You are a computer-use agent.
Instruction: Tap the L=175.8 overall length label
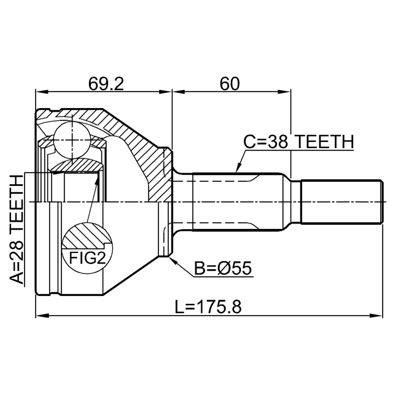[x=208, y=307]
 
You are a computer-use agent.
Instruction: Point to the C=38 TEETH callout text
[x=298, y=142]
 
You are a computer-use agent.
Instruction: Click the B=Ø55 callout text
[x=223, y=269]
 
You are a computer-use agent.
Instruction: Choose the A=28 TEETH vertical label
[x=17, y=230]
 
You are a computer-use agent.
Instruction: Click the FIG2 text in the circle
[x=87, y=258]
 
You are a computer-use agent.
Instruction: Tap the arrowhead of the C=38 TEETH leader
[x=239, y=168]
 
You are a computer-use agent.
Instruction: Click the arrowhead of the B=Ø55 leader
[x=173, y=260]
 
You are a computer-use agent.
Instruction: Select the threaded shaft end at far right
[x=342, y=201]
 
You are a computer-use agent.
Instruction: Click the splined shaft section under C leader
[x=238, y=201]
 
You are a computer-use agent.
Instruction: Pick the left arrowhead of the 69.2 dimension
[x=42, y=92]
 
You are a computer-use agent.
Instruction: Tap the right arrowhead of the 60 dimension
[x=285, y=92]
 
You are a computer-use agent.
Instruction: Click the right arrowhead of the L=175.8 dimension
[x=376, y=315]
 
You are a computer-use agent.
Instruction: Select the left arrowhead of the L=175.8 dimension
[x=42, y=315]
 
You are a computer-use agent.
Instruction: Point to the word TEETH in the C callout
[x=324, y=142]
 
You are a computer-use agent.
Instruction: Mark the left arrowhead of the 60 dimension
[x=179, y=92]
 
